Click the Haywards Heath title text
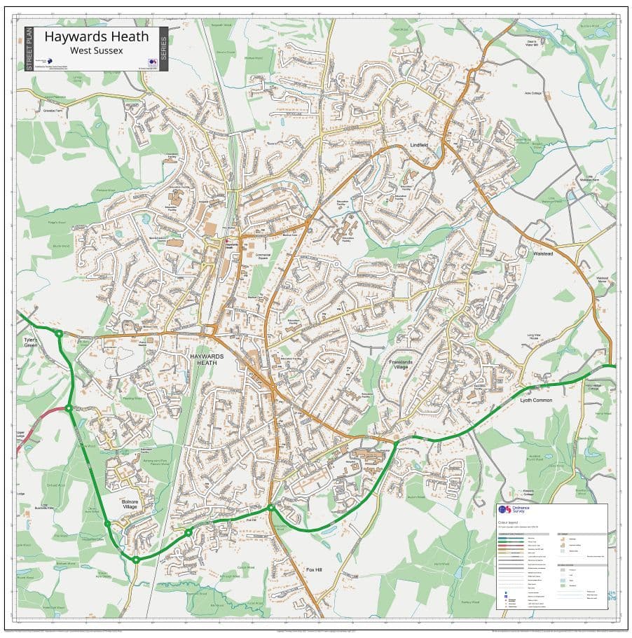[x=97, y=36]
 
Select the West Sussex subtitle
[x=97, y=51]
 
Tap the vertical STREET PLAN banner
[x=29, y=49]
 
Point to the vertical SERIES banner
[x=163, y=49]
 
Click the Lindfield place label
[x=419, y=146]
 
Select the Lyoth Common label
[x=536, y=401]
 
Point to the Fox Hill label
[x=315, y=570]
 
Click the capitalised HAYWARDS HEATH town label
[x=207, y=359]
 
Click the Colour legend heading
[x=511, y=522]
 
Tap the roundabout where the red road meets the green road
[x=69, y=408]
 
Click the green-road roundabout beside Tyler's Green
[x=59, y=334]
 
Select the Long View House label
[x=535, y=338]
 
